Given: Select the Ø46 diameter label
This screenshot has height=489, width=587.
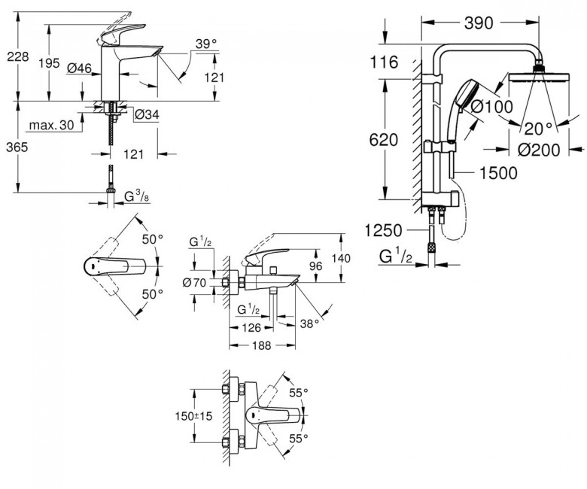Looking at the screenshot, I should [x=79, y=68].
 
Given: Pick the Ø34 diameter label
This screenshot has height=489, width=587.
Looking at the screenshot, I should [x=146, y=114].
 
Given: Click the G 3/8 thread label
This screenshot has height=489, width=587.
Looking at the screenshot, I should [x=135, y=197].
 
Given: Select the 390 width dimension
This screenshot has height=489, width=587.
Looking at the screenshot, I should [x=478, y=23].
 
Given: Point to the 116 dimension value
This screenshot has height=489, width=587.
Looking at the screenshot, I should [x=384, y=62].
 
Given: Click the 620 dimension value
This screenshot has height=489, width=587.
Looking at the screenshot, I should [x=384, y=138].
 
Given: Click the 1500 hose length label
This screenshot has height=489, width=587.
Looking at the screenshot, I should [x=497, y=173].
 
